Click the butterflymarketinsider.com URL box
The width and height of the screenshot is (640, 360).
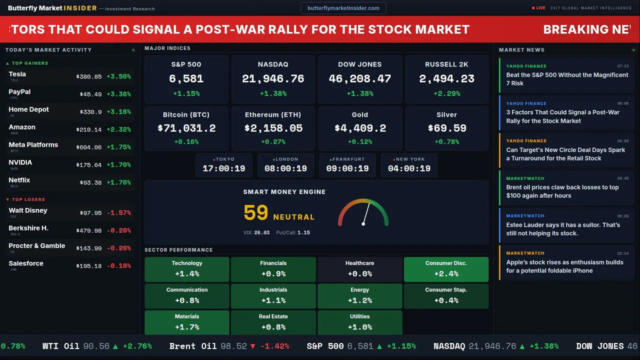coord(343,8)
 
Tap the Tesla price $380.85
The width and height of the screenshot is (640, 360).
coord(89,76)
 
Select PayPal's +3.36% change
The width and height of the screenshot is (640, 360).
coord(118,94)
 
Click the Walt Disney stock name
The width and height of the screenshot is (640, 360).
coord(28,210)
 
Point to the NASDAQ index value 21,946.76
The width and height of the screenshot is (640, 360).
coord(273,78)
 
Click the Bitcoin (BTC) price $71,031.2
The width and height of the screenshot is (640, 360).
coord(186,128)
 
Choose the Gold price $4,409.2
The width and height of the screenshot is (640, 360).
coord(360,128)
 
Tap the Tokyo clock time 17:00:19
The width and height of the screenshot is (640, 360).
coord(224,168)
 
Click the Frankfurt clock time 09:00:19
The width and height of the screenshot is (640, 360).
coord(347,168)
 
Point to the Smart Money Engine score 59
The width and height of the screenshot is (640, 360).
coord(256,213)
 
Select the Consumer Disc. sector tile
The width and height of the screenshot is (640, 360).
coord(446,269)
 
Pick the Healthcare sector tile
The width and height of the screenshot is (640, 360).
coord(359,269)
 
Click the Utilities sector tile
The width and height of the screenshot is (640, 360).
coord(359,322)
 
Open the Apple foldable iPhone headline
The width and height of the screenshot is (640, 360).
coord(564,266)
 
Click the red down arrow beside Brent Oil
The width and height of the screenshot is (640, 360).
coord(252,346)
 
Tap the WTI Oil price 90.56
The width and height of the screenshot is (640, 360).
coord(95,346)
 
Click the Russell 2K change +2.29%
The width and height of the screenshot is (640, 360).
coord(446,93)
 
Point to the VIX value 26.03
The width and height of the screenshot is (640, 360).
coord(261,232)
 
